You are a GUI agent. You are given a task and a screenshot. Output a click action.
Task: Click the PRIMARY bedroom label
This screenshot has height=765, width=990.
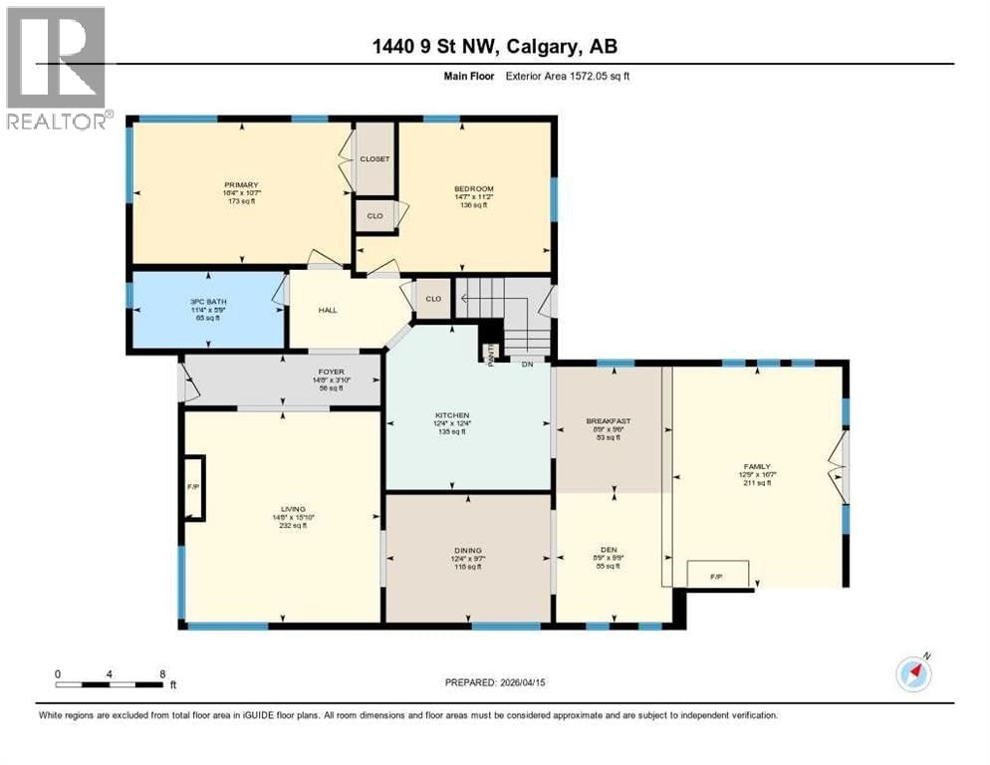coord(241,184)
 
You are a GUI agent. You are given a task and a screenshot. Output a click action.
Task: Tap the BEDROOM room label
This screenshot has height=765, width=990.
coord(474,188)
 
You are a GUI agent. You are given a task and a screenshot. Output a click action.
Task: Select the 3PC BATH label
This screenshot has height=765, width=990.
coord(203,301)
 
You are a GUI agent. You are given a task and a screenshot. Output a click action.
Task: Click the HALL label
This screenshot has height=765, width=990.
coord(328,310)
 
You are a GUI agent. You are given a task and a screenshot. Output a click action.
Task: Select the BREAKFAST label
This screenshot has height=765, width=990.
coord(611,421)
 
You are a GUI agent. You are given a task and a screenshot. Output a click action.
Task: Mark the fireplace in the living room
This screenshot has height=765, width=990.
coord(194,488)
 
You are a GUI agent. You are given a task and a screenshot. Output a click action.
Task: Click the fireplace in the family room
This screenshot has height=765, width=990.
coord(717,575)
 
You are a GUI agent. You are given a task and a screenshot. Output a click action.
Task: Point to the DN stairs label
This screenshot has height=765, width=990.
coord(528,365)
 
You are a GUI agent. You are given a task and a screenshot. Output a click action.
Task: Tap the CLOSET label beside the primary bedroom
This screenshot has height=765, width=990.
coord(375,159)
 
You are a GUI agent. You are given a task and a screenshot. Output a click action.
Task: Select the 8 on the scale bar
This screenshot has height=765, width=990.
coord(162,673)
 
